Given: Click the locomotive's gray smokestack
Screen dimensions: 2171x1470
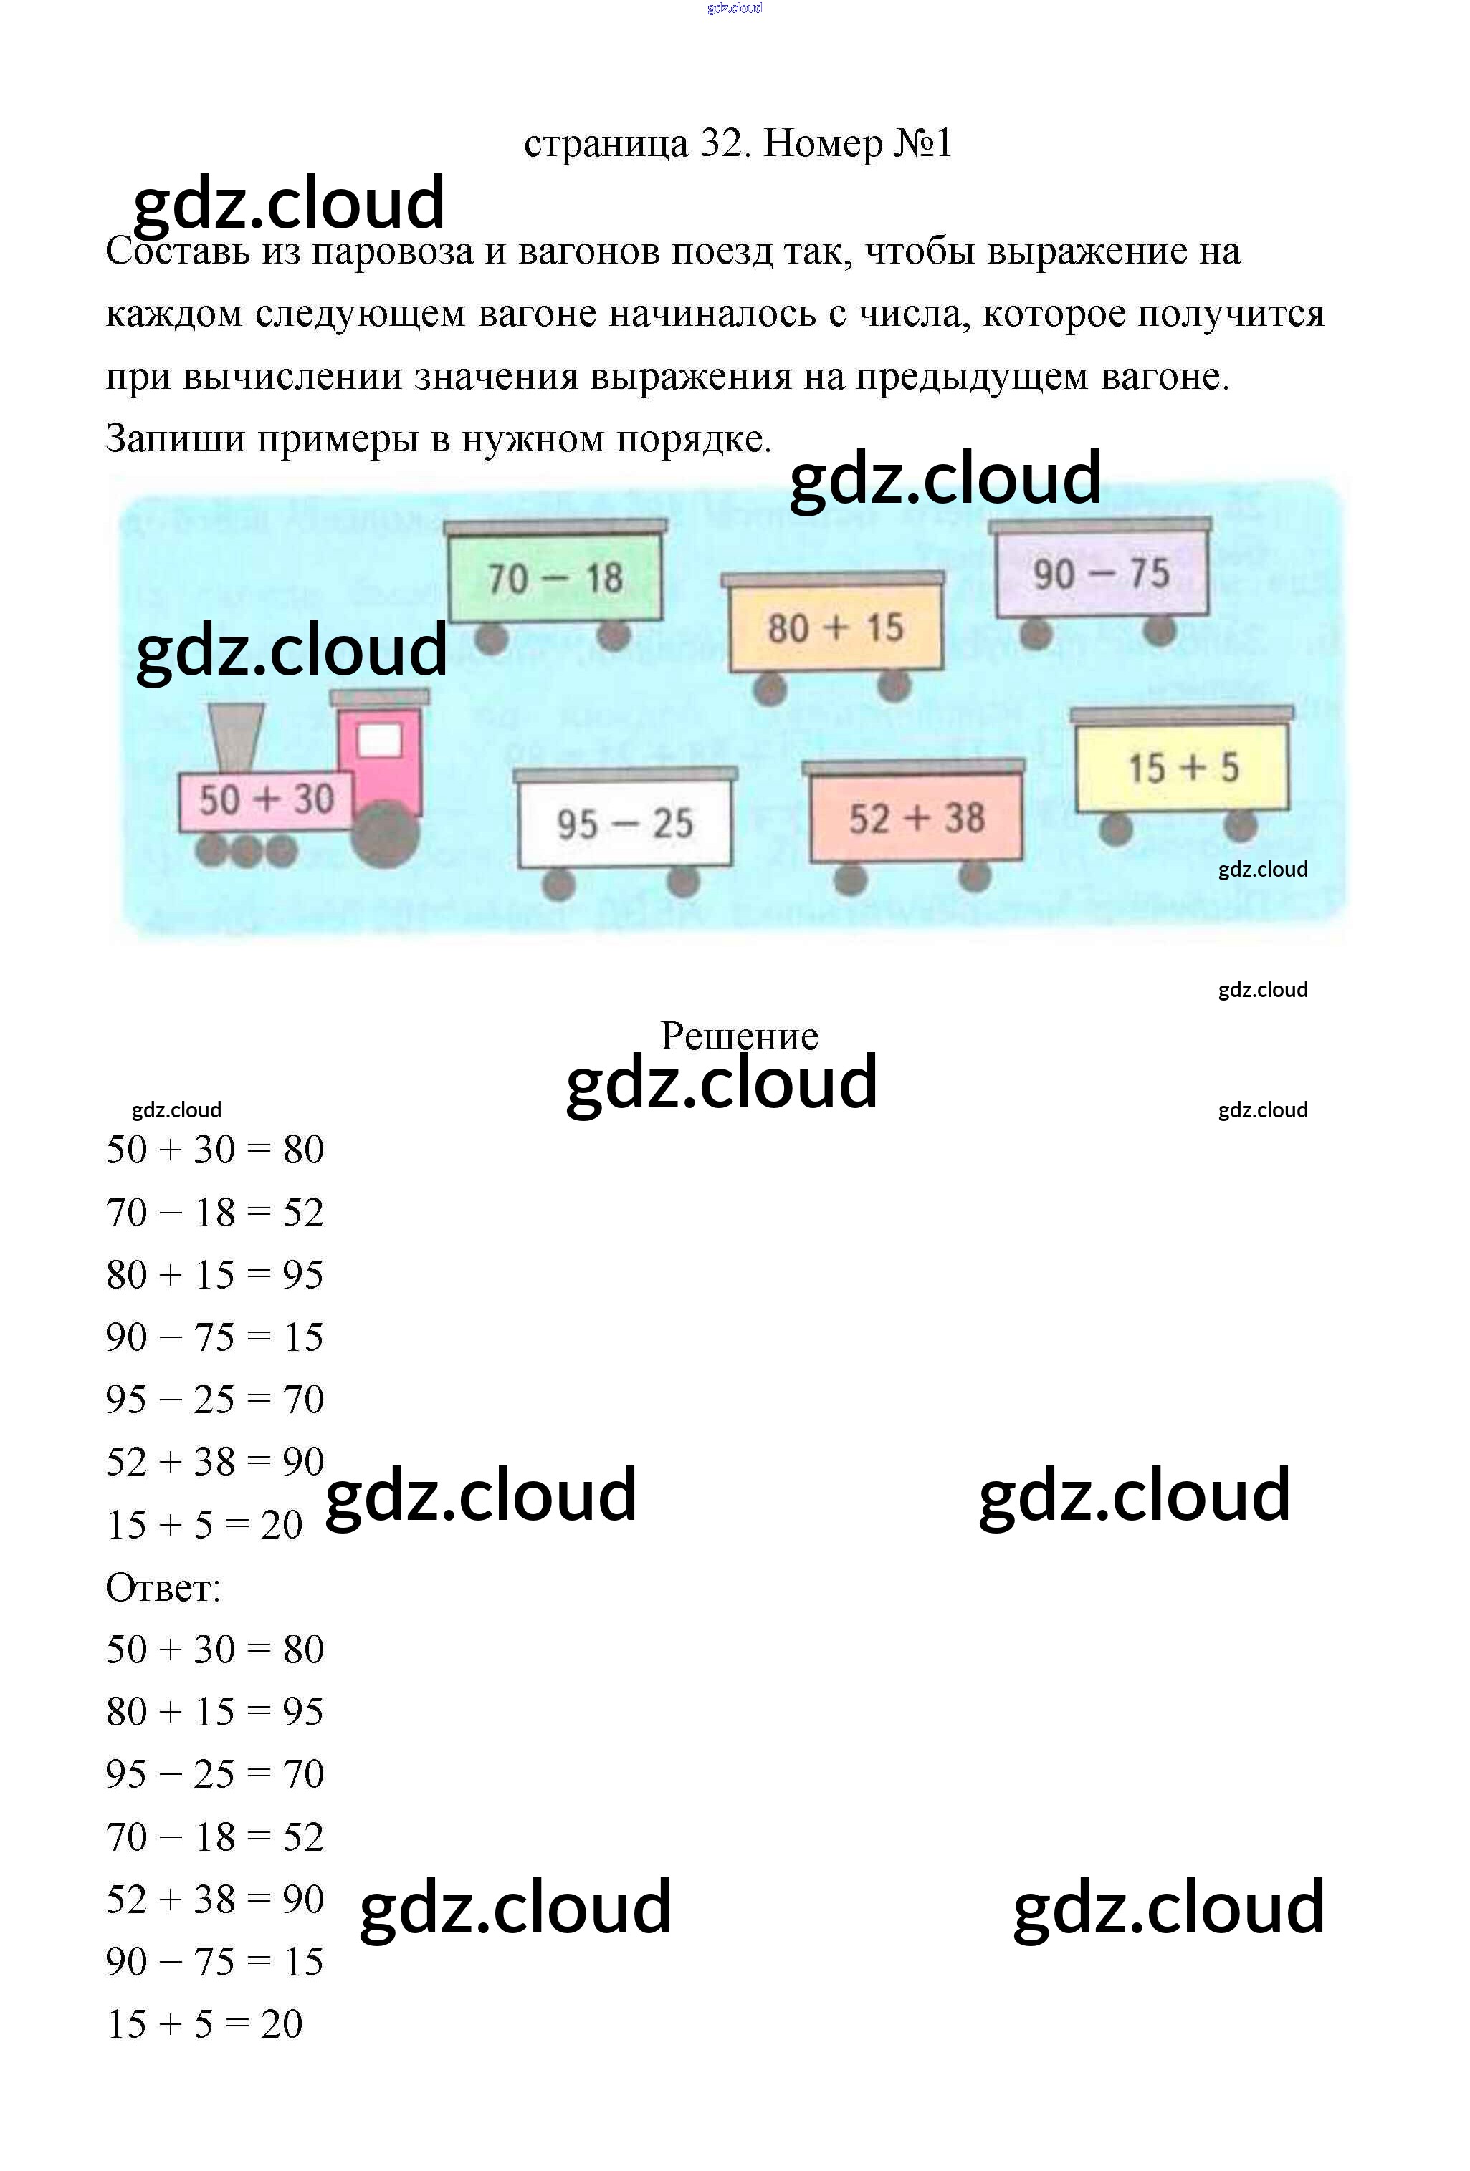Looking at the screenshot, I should pos(236,738).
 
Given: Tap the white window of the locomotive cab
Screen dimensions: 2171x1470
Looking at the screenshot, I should pos(379,741).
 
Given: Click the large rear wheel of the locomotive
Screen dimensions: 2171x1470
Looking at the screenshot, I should pos(385,834).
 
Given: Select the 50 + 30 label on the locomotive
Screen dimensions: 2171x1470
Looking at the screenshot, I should pos(267,799).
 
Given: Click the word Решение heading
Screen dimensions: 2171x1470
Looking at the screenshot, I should pos(739,1036).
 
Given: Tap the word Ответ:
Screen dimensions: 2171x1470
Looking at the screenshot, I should pos(163,1587).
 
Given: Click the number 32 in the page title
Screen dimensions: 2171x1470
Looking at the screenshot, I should pos(720,144).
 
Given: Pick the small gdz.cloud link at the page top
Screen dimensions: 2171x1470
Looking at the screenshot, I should pos(735,7).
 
